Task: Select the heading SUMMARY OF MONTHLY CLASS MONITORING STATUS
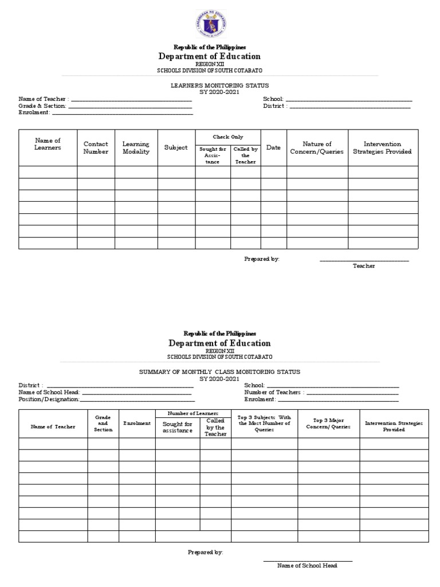(x=219, y=371)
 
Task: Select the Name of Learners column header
(x=48, y=144)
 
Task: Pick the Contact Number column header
(x=96, y=148)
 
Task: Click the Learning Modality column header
(x=136, y=148)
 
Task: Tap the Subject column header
(x=176, y=147)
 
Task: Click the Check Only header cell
(x=228, y=137)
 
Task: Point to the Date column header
(x=273, y=147)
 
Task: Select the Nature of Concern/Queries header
(x=317, y=148)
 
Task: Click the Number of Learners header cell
(x=193, y=413)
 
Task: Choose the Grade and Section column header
(x=103, y=423)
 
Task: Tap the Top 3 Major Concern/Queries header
(x=328, y=424)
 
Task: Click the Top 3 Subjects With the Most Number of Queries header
(x=264, y=423)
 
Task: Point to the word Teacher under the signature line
(x=364, y=266)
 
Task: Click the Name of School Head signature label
(x=307, y=565)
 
